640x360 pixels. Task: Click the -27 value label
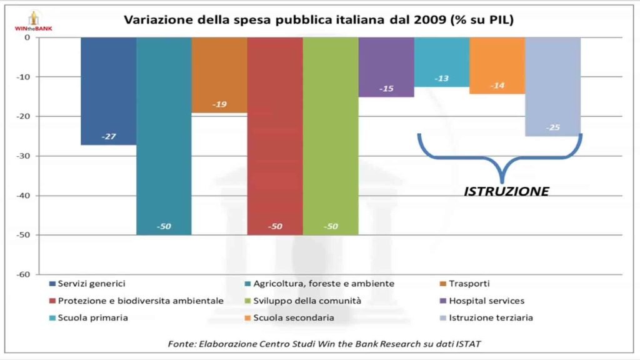click(108, 136)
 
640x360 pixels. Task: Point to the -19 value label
click(219, 104)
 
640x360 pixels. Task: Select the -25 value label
click(552, 127)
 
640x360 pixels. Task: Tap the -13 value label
click(441, 79)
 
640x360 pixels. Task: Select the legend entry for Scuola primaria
click(93, 317)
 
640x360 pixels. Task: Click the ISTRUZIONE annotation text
click(506, 191)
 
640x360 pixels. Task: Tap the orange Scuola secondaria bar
click(497, 62)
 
